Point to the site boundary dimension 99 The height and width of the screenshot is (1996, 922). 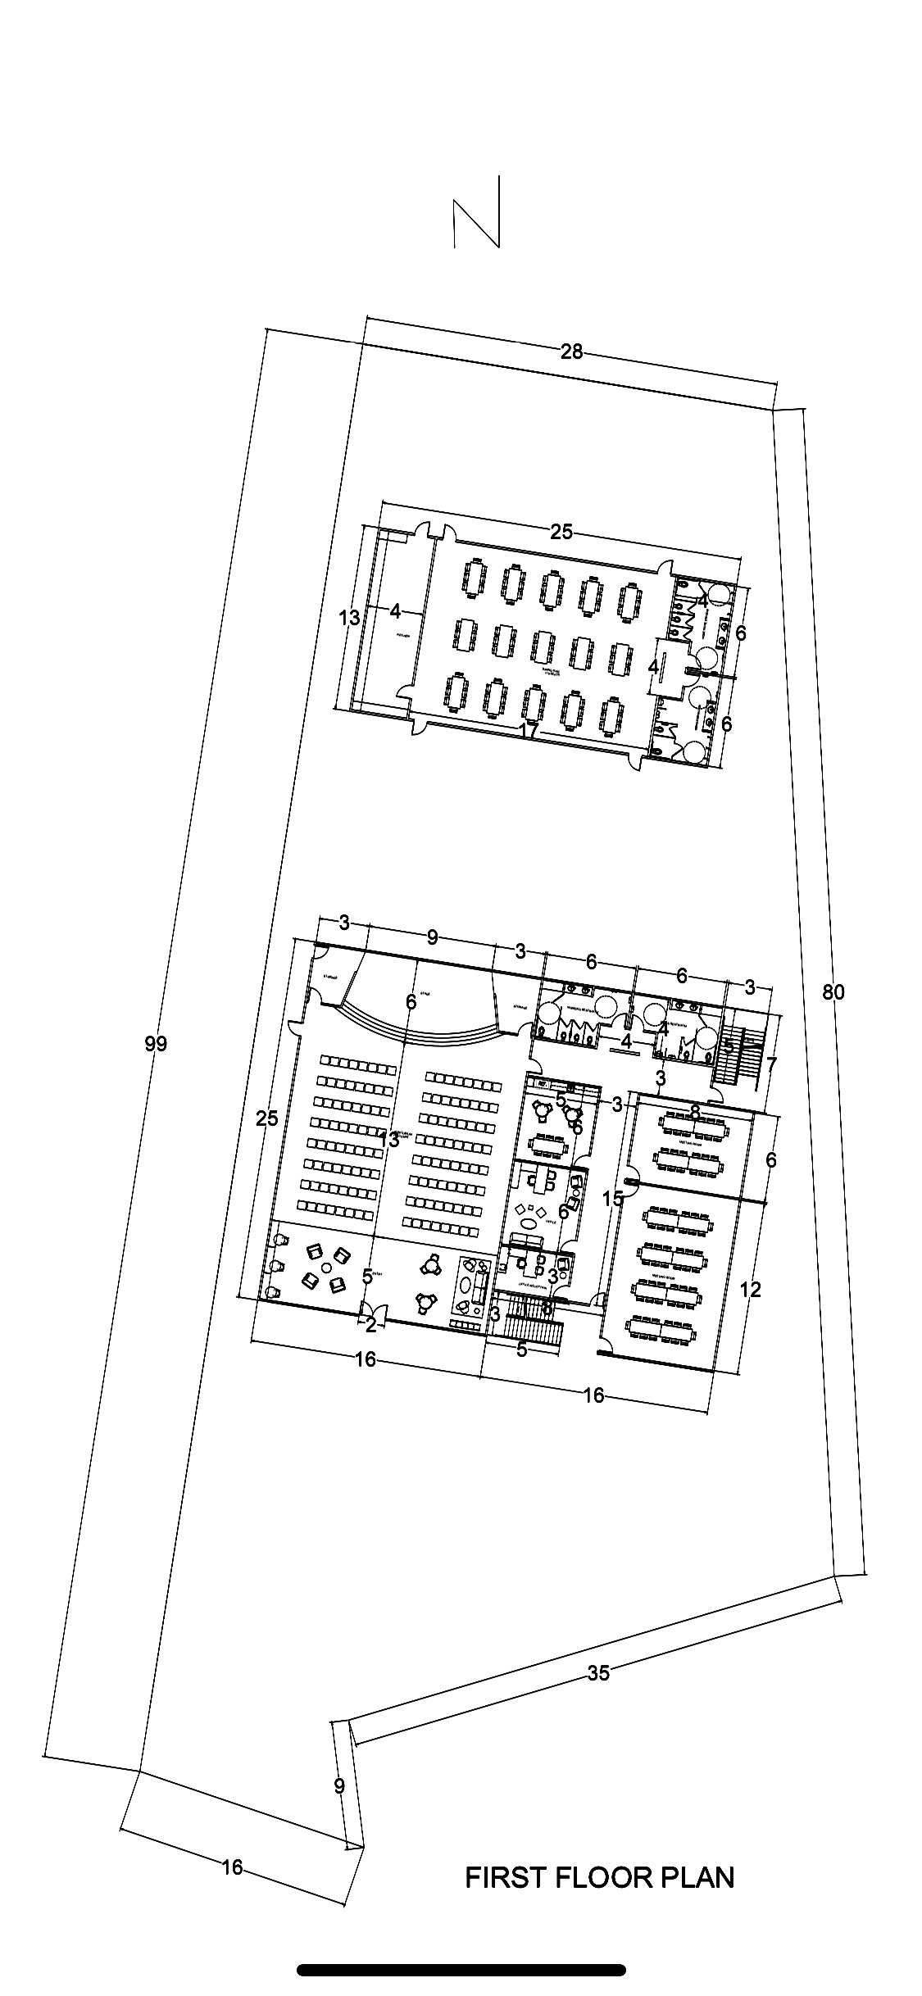(156, 1044)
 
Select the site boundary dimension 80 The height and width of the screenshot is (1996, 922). (833, 993)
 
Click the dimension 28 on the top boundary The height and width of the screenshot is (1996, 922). (571, 352)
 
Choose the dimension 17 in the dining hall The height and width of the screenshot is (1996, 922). (529, 730)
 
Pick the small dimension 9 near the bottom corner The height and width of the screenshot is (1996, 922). (339, 1786)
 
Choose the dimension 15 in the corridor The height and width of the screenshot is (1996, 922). (612, 1199)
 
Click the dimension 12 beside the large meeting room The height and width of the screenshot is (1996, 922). (750, 1290)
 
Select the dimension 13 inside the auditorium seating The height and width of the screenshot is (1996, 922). (389, 1139)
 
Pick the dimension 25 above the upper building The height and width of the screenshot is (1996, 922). (561, 533)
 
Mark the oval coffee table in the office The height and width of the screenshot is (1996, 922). (529, 1223)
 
